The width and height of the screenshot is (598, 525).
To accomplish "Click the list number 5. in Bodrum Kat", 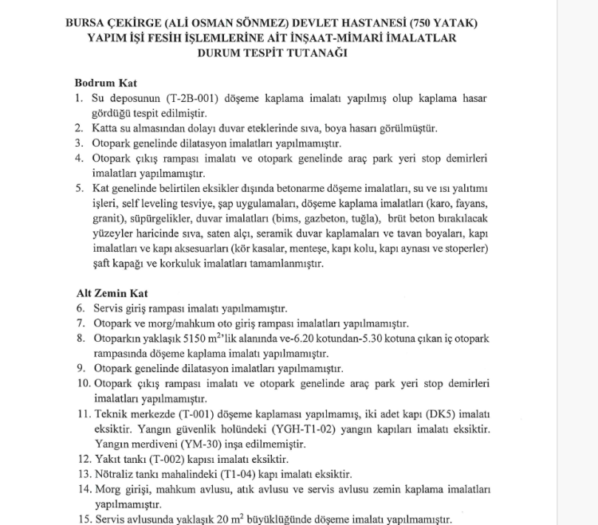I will tap(80, 188).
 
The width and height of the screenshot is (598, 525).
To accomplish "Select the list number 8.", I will tap(80, 338).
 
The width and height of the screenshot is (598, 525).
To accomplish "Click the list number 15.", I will tap(82, 519).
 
